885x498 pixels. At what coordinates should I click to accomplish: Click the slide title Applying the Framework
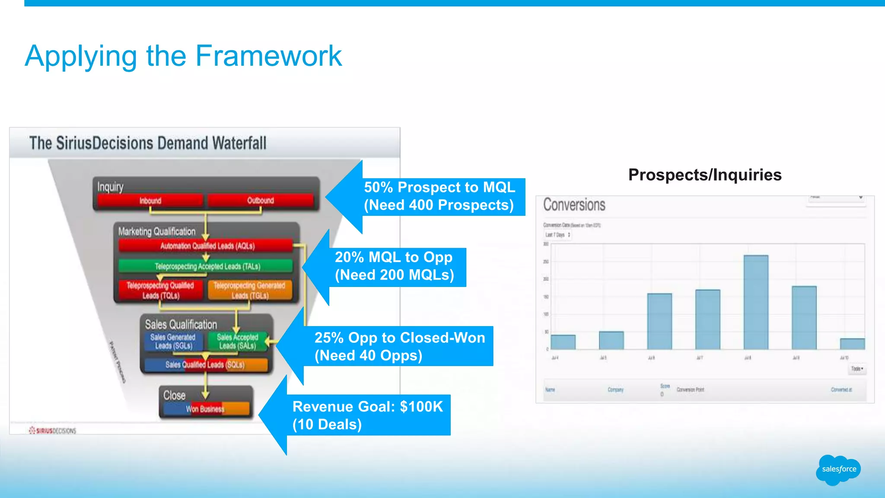183,56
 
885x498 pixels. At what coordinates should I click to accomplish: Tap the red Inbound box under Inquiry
150,201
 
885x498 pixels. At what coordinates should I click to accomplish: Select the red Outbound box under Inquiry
260,201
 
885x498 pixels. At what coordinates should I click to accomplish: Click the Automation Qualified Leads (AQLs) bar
207,246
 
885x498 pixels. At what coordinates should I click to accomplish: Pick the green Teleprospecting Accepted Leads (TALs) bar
207,266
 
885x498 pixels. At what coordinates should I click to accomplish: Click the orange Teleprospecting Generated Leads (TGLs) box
250,290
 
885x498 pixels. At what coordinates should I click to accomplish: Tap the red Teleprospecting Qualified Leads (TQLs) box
160,290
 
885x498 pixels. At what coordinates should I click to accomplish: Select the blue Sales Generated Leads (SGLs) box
173,342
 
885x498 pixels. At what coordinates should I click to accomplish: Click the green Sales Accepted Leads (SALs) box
237,342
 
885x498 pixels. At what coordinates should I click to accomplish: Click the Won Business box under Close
206,409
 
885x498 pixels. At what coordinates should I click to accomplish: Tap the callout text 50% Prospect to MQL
439,187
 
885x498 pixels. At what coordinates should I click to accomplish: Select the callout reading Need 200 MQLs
395,275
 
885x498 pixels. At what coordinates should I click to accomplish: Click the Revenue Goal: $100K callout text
367,406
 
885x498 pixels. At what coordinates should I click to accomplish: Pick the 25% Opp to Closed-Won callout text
400,338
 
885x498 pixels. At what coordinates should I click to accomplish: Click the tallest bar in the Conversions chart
756,303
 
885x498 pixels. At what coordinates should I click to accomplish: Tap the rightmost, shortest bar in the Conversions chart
852,344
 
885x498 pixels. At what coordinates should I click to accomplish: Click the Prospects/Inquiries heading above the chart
705,175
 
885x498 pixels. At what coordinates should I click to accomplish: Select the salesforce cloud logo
838,469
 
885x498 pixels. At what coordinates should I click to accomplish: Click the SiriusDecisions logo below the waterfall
52,431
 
